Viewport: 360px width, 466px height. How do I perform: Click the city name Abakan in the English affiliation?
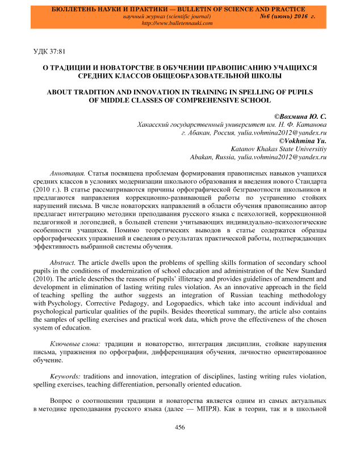[203, 156]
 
